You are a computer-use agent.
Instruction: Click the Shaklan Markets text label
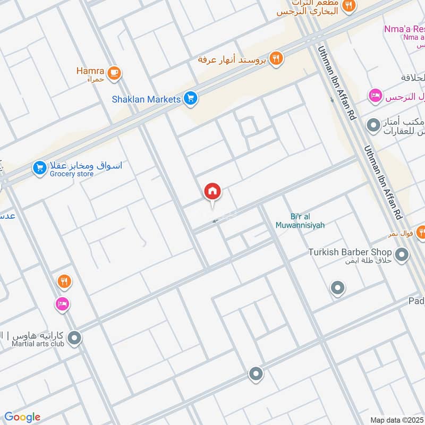(146, 99)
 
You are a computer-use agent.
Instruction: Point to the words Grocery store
(72, 174)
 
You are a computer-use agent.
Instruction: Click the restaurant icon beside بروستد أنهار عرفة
(275, 58)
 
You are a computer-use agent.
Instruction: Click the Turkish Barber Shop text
(350, 252)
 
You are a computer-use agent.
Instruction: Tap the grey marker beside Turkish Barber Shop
(402, 255)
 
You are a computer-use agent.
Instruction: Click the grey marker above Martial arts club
(74, 337)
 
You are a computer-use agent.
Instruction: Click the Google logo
(22, 417)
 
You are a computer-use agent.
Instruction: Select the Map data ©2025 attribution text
(397, 420)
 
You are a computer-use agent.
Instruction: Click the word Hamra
(90, 70)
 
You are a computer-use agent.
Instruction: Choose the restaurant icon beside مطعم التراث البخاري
(348, 6)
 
